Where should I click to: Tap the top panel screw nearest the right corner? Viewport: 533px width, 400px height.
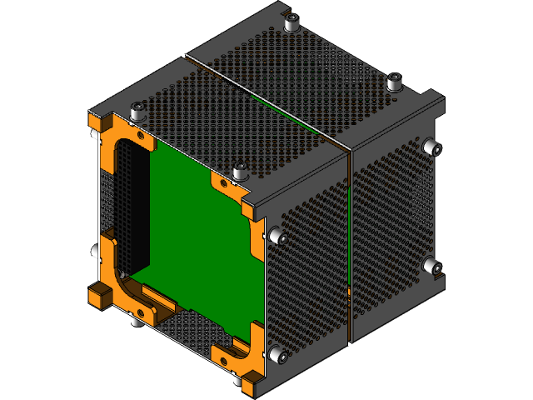point(395,82)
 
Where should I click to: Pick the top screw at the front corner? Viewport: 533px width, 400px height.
point(240,172)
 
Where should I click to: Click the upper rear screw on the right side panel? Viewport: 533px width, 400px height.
point(431,147)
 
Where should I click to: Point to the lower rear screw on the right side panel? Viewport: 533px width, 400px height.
point(431,267)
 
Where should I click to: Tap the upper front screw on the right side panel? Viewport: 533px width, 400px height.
point(280,238)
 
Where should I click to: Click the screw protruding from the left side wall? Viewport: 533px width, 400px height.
point(92,250)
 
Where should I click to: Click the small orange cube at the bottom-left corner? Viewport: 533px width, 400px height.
point(98,296)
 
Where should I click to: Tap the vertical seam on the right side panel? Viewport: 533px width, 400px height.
point(348,242)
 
